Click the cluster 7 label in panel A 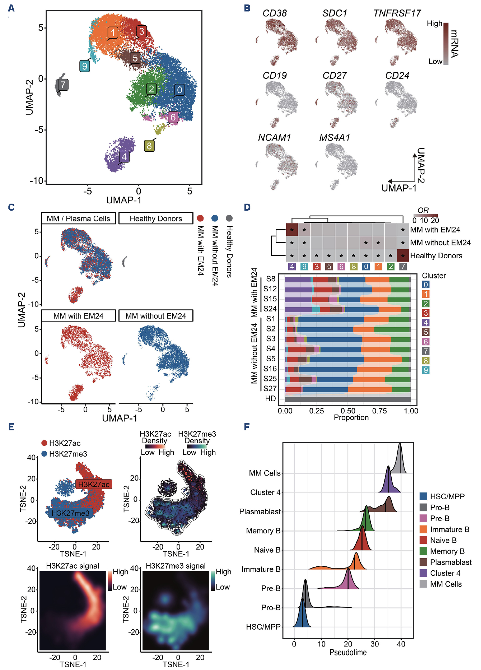(63, 85)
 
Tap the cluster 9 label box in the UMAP (84, 66)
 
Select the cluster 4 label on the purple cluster (124, 157)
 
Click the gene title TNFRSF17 (397, 13)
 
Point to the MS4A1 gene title (334, 138)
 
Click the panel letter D (247, 207)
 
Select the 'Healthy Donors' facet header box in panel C (156, 218)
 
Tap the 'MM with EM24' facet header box (78, 316)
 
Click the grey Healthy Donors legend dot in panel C (229, 218)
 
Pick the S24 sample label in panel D (270, 309)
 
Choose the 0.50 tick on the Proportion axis (348, 411)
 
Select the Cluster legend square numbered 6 (426, 342)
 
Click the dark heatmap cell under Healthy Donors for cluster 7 (403, 255)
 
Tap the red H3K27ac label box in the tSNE (94, 484)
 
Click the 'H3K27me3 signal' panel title (175, 566)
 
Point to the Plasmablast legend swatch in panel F (423, 562)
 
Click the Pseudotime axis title (348, 652)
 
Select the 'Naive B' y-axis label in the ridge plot (267, 550)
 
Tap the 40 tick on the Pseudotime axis (401, 644)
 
